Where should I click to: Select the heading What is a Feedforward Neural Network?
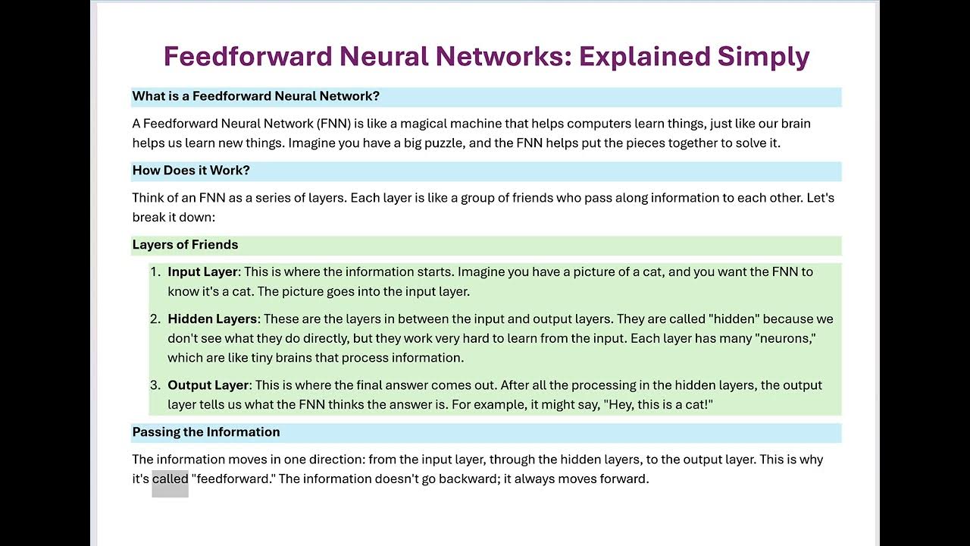click(x=255, y=96)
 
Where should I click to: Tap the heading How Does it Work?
click(x=191, y=171)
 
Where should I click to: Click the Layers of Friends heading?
click(x=185, y=245)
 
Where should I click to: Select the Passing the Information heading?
click(x=206, y=432)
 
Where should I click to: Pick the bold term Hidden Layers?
click(x=212, y=319)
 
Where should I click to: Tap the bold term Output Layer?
click(x=208, y=385)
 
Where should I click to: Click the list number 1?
click(x=155, y=272)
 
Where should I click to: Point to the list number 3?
click(x=155, y=385)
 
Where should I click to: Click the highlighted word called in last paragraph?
click(x=170, y=479)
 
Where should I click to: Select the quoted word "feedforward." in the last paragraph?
click(x=233, y=479)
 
